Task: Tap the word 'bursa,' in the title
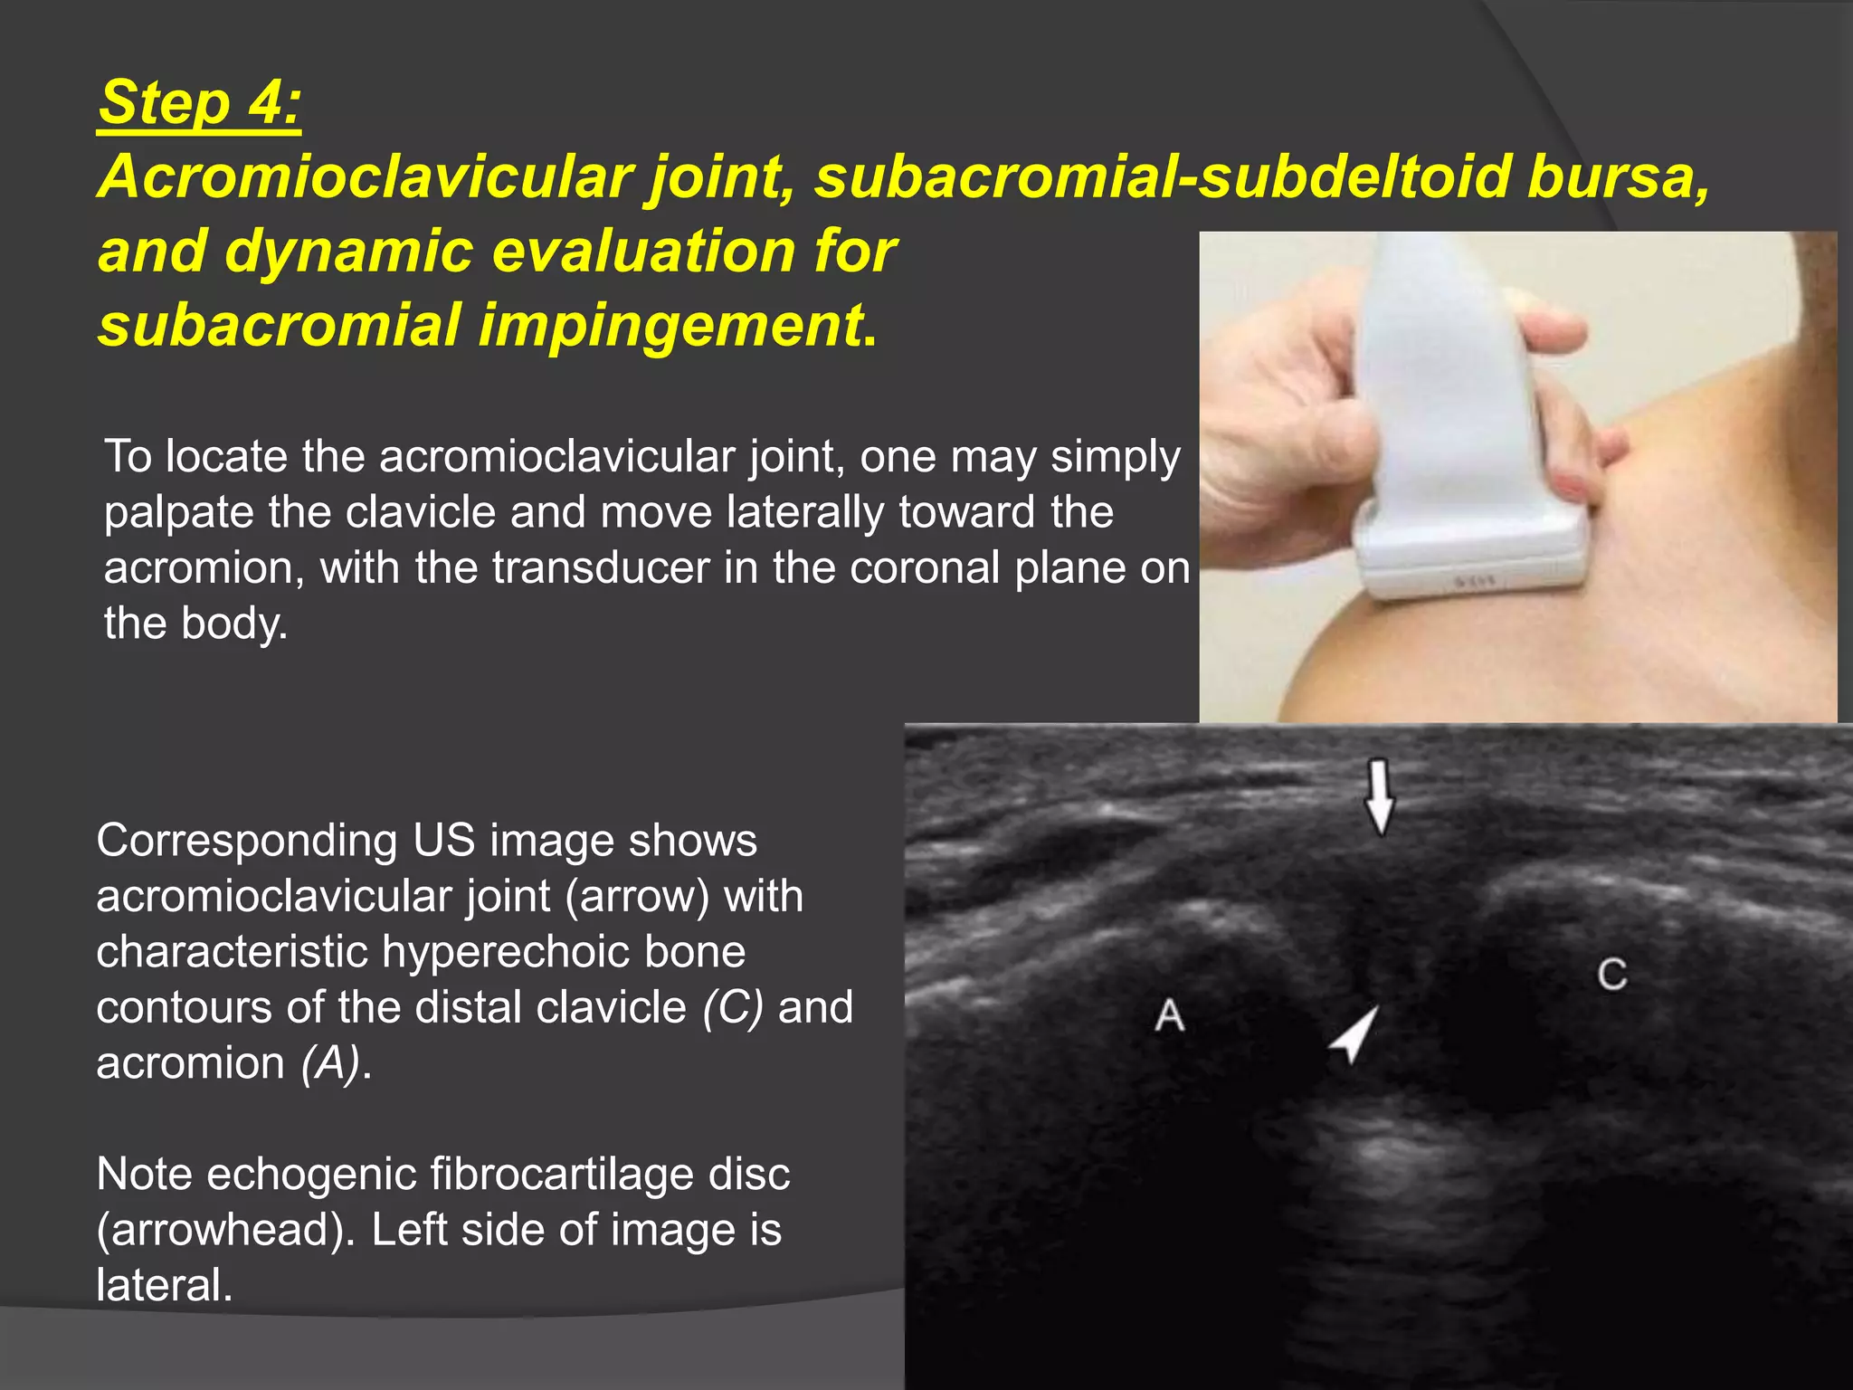point(1619,176)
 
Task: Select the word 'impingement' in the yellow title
point(670,325)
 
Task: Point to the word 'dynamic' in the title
point(348,251)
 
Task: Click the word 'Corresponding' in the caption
point(246,841)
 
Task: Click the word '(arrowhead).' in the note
point(225,1231)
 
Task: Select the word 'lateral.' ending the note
point(164,1286)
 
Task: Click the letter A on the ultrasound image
point(1169,1015)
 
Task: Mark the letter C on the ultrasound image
point(1611,975)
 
